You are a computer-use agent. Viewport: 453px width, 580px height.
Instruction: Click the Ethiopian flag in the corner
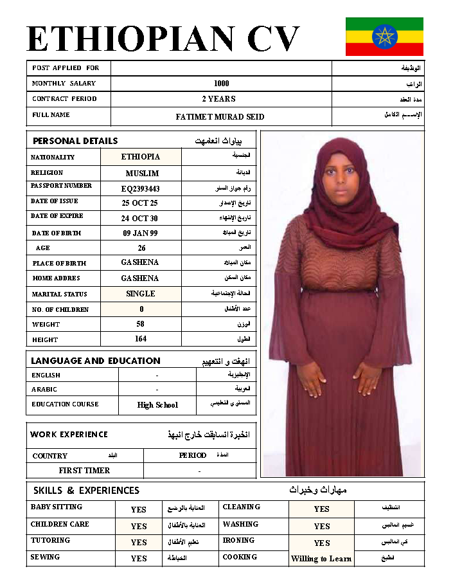tap(384, 37)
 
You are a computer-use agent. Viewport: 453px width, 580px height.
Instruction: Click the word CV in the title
tap(273, 39)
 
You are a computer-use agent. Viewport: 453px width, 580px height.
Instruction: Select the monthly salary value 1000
tap(221, 84)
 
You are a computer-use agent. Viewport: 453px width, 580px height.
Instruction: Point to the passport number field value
tap(141, 188)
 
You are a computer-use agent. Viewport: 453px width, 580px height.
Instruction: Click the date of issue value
tap(140, 203)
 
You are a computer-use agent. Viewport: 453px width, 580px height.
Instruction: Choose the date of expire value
tap(139, 219)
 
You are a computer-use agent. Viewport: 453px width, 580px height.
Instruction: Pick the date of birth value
tap(140, 233)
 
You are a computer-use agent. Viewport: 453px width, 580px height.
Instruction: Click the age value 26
tap(141, 248)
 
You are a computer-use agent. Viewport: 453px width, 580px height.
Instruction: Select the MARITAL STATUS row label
tap(60, 295)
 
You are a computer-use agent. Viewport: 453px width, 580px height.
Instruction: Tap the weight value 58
tap(141, 324)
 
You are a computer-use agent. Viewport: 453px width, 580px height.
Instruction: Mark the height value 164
tap(141, 339)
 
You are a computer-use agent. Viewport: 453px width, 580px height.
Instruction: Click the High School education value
tap(157, 405)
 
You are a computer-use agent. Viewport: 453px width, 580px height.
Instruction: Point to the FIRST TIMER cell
tap(84, 471)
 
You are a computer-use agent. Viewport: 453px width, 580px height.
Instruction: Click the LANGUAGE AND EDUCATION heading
tap(96, 361)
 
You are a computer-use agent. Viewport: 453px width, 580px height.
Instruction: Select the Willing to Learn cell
tap(321, 559)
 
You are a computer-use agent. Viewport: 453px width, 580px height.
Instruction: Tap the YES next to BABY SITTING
tap(139, 510)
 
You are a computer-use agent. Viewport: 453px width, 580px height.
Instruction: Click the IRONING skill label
tap(238, 541)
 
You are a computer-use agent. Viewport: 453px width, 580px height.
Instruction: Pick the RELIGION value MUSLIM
tap(142, 174)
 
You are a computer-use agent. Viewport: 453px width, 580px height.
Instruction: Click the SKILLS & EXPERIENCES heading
tap(86, 491)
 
